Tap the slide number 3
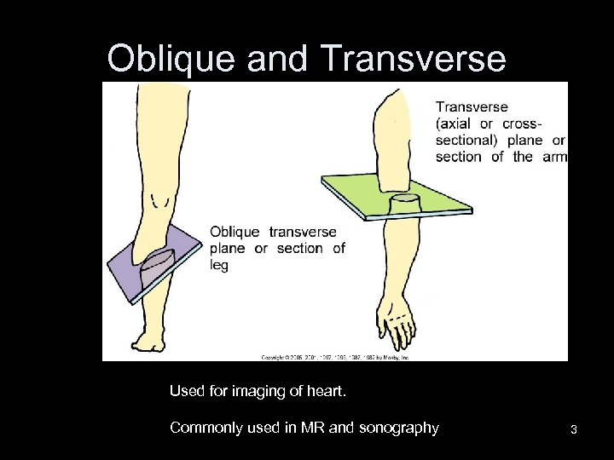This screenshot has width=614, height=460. [574, 429]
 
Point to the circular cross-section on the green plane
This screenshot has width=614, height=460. [404, 198]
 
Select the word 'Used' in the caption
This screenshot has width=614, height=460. [186, 391]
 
